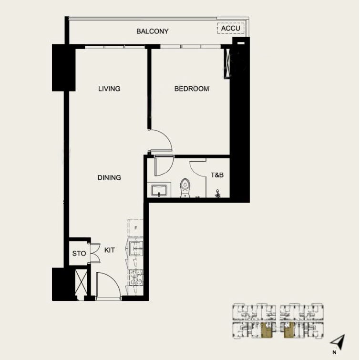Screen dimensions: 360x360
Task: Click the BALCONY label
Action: tap(152, 31)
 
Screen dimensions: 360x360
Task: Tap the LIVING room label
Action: tap(109, 89)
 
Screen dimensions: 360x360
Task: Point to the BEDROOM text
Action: tap(192, 89)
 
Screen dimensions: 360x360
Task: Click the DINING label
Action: tap(109, 177)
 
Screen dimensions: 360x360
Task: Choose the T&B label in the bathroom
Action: tap(217, 175)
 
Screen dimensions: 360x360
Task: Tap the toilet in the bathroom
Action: tap(185, 187)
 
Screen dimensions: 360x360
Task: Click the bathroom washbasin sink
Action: tap(159, 190)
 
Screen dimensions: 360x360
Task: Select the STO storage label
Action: tap(79, 253)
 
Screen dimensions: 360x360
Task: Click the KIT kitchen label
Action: tap(109, 250)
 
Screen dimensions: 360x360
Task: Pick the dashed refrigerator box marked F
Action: tap(135, 228)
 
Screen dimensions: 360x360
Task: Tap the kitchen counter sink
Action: tap(136, 248)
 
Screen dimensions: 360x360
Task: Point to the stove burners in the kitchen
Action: tap(136, 277)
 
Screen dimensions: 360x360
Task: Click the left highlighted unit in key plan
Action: tap(266, 329)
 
